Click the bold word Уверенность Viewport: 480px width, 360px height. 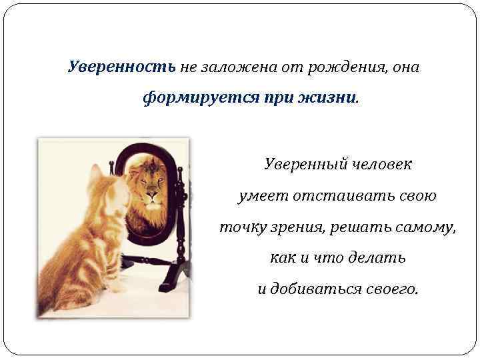click(122, 67)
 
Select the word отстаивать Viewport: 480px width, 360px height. click(340, 196)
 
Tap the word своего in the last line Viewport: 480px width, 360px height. click(394, 289)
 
